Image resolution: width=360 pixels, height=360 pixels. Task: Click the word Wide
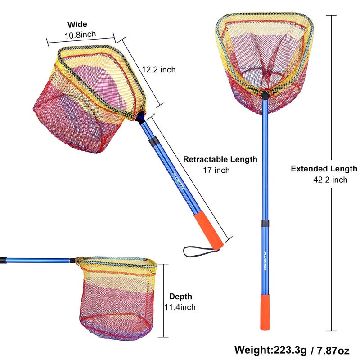point(77,24)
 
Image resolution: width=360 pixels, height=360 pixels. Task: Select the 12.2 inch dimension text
point(158,70)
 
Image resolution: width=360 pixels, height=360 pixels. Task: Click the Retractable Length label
point(220,159)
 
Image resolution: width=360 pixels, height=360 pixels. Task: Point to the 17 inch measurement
point(216,170)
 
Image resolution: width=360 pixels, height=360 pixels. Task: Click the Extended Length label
point(324,169)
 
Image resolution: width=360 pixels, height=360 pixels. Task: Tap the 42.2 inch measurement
point(330,180)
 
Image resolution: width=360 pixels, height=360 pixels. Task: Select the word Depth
point(180,297)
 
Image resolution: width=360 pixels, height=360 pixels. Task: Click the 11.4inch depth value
point(180,307)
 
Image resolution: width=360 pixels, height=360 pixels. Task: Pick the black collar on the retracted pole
point(154,142)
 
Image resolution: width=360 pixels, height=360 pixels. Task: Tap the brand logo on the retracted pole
point(176,182)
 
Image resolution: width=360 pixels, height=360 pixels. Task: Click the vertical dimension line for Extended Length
point(332,90)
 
